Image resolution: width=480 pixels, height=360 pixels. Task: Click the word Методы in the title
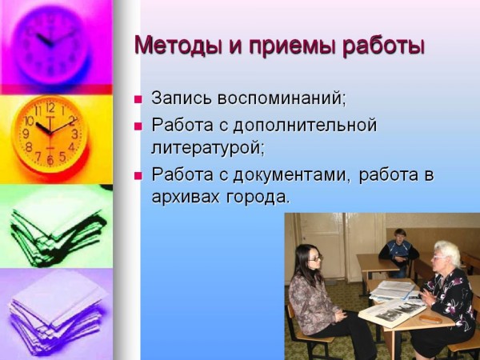tap(176, 45)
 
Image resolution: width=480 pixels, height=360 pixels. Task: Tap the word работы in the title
tap(383, 46)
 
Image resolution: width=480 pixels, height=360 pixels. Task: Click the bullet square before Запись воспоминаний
tap(138, 99)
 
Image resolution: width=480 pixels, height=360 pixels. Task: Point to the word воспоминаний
tap(282, 98)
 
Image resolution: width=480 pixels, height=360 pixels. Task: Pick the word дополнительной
tap(305, 126)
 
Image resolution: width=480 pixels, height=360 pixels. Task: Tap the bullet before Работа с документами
tap(138, 176)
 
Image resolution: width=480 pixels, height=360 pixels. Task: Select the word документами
tap(291, 175)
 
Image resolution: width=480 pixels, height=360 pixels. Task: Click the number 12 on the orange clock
tap(50, 107)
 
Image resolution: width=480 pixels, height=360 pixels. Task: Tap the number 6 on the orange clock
tap(50, 160)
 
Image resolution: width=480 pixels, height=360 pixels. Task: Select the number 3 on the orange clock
tap(74, 134)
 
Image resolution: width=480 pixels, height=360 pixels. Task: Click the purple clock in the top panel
tap(51, 45)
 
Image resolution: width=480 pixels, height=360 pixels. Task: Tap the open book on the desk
tap(393, 312)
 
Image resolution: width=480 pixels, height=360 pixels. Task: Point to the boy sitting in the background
tap(398, 253)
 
